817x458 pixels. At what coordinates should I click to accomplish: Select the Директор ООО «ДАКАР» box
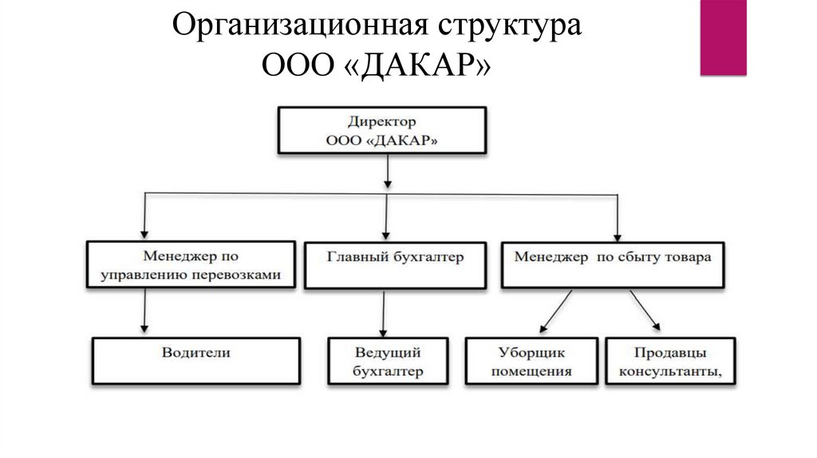point(382,130)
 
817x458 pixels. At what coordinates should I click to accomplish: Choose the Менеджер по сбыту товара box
point(613,264)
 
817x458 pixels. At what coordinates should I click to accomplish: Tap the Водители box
point(196,361)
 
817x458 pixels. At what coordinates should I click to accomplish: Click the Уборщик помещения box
point(531,361)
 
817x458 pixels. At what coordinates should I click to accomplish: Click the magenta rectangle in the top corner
point(723,38)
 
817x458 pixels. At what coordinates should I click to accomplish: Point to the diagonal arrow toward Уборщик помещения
point(556,311)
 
